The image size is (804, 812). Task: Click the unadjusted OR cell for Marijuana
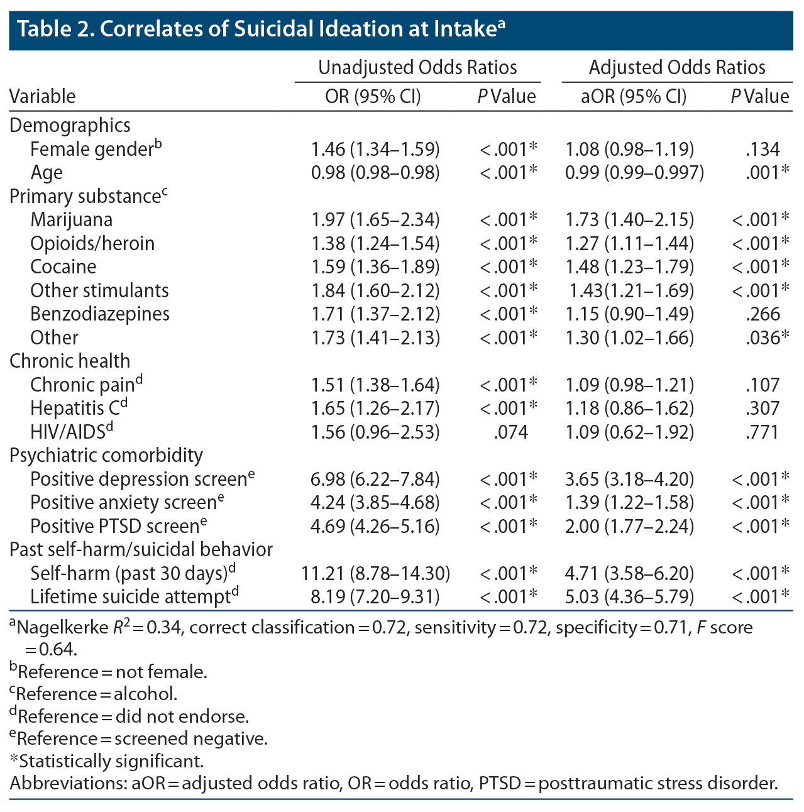(375, 220)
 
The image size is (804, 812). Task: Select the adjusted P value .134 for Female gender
(763, 150)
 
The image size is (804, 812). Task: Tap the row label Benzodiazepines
(100, 314)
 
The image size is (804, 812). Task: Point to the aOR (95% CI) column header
(634, 96)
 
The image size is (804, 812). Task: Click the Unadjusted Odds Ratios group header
(417, 67)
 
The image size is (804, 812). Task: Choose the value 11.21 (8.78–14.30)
(375, 573)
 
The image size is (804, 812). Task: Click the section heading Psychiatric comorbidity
(106, 456)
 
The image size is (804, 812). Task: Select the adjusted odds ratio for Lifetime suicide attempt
(629, 596)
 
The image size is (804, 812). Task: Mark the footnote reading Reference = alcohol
(94, 694)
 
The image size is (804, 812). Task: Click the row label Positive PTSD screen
(115, 526)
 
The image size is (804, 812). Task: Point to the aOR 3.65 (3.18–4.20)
(629, 480)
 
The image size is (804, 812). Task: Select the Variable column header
(43, 96)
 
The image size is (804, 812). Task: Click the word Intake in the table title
(465, 29)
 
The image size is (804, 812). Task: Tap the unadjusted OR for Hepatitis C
(375, 409)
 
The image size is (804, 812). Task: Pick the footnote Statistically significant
(107, 761)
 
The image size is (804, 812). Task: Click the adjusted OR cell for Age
(634, 173)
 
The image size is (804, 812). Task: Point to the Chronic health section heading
(70, 361)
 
